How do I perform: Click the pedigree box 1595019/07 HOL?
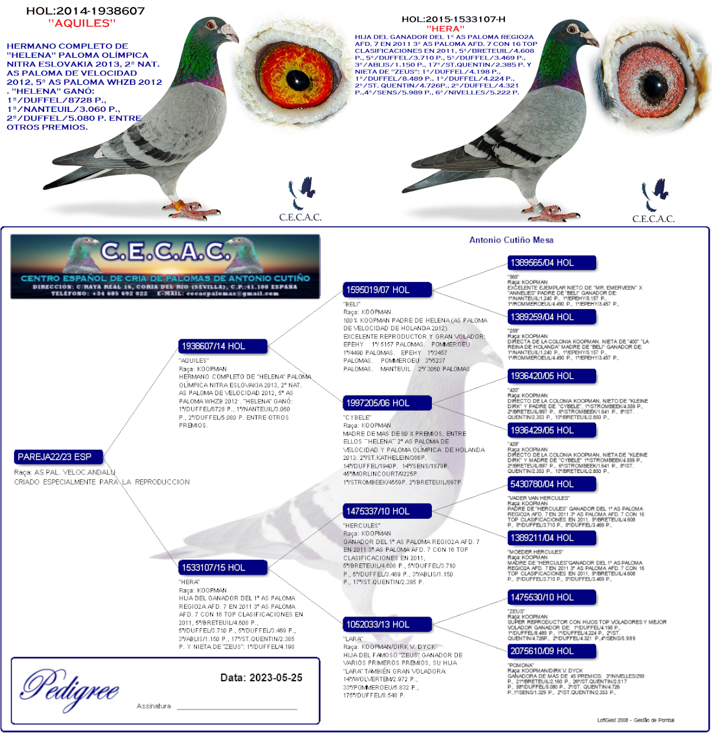point(387,290)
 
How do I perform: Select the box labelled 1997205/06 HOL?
point(387,403)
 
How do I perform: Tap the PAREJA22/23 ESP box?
point(59,457)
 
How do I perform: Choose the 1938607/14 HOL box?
point(222,346)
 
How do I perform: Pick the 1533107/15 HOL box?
point(222,568)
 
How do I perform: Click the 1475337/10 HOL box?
point(387,511)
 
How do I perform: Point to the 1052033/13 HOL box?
point(387,624)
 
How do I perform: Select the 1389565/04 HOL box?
point(551,263)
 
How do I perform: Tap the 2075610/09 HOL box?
point(551,651)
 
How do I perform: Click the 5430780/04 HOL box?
point(551,484)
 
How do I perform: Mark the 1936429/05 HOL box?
point(551,430)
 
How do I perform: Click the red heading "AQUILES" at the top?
point(82,24)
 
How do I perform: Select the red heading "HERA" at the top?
point(445,28)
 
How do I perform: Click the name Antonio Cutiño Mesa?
point(511,240)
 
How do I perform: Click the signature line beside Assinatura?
point(237,708)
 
